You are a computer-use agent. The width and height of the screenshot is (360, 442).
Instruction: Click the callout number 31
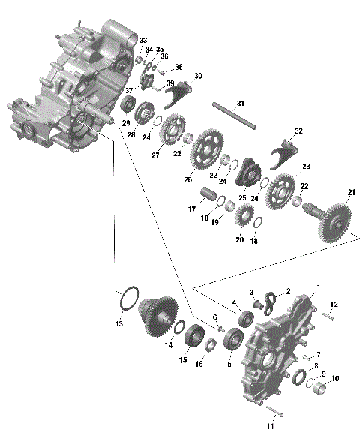pos(240,102)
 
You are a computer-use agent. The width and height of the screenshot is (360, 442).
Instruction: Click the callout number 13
pos(118,323)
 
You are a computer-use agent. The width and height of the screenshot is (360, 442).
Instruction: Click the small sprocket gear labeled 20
pos(241,219)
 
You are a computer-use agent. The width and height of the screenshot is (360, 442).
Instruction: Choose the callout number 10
pos(335,379)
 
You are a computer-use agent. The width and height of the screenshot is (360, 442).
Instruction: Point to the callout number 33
pos(143,40)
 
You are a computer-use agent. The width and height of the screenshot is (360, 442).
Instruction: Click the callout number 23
pos(306,166)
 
